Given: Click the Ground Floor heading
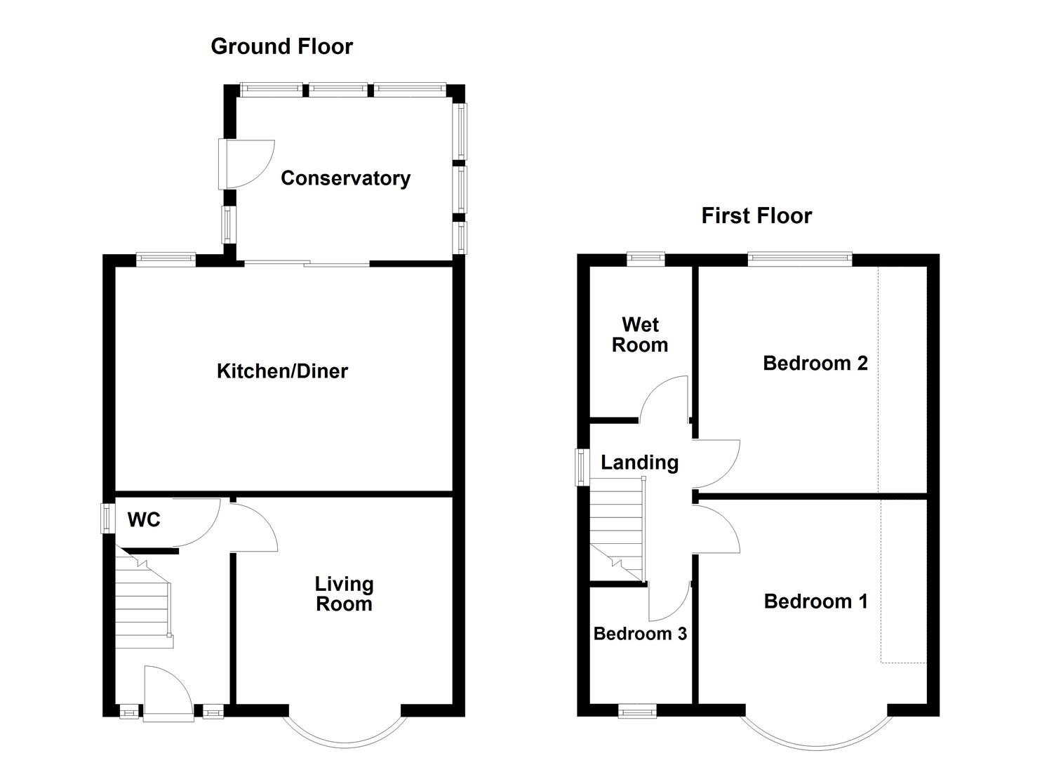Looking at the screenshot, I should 281,46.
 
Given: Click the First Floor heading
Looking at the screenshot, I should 756,215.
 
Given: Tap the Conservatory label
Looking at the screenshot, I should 345,178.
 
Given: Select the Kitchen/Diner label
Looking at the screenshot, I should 282,371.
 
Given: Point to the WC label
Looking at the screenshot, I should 144,520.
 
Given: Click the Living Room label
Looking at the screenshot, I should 344,594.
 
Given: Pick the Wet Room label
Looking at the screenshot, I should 640,335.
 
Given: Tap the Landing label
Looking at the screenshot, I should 639,463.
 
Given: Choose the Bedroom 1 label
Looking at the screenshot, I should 815,601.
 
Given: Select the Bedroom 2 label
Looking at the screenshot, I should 815,363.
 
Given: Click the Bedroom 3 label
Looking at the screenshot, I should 640,634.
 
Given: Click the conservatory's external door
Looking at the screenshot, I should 244,164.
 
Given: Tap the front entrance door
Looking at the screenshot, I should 167,693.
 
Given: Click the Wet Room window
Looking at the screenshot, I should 646,258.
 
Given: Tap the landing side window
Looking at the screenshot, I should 582,467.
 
